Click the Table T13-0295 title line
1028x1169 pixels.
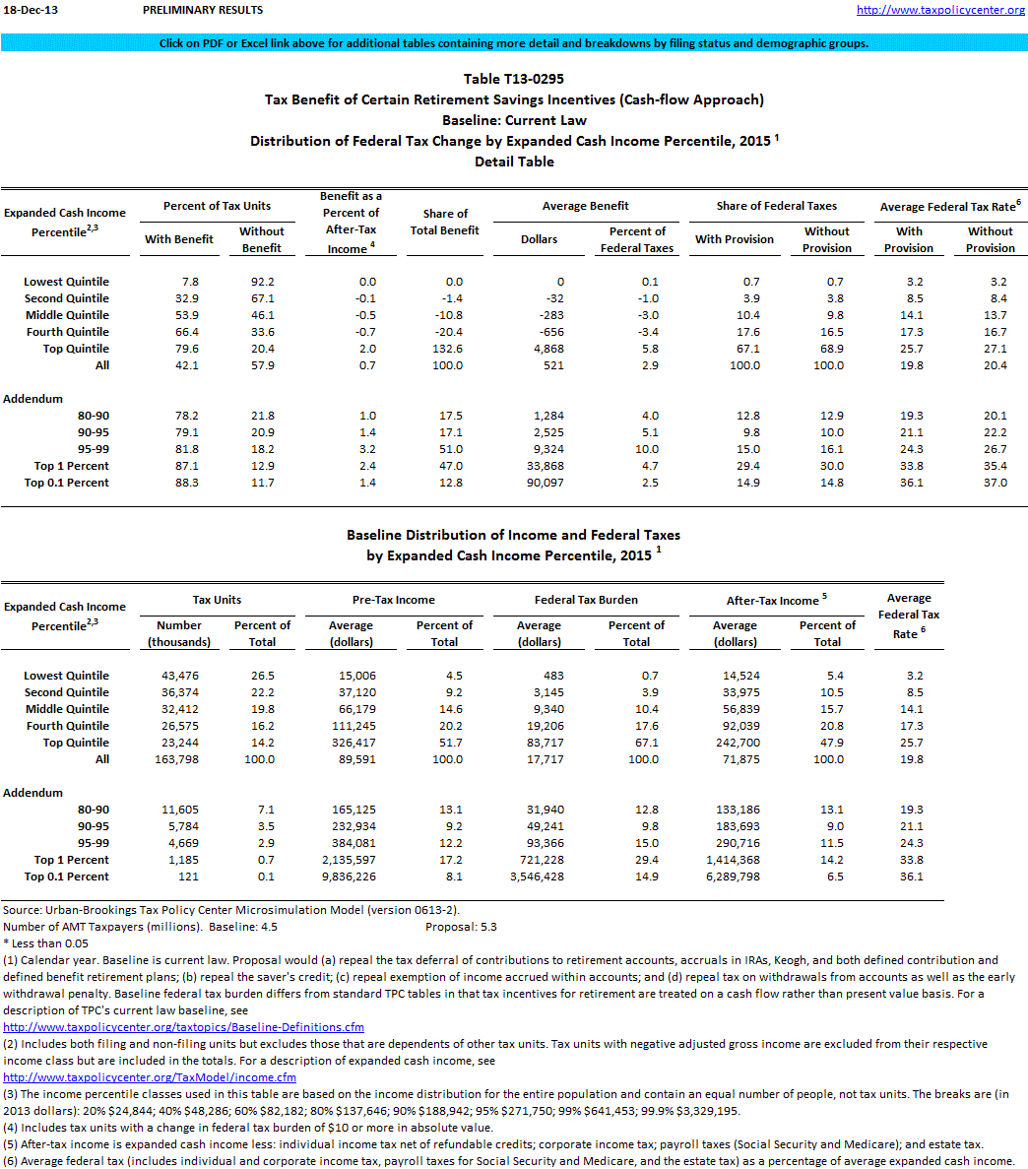pyautogui.click(x=514, y=79)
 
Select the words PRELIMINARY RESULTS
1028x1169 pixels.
pyautogui.click(x=203, y=10)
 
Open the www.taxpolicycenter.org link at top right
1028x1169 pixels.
pyautogui.click(x=941, y=10)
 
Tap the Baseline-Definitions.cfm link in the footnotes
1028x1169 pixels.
pyautogui.click(x=184, y=1027)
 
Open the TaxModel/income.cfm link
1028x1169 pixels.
pyautogui.click(x=150, y=1077)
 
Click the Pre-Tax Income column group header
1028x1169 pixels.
pyautogui.click(x=394, y=600)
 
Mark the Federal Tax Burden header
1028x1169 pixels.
pyautogui.click(x=586, y=600)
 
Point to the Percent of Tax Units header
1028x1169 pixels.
pyautogui.click(x=218, y=206)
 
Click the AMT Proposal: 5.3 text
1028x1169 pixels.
pyautogui.click(x=461, y=927)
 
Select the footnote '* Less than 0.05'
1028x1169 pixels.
pyautogui.click(x=45, y=943)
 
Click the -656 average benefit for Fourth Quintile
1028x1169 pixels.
pyautogui.click(x=554, y=332)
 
